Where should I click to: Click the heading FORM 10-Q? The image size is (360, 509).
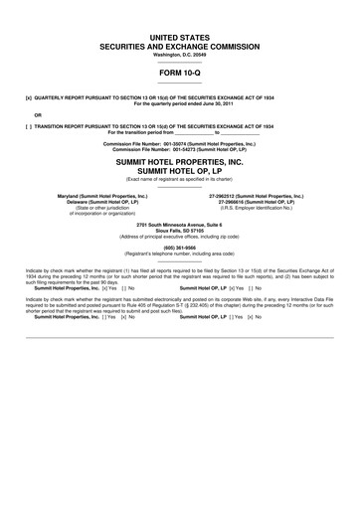click(179, 73)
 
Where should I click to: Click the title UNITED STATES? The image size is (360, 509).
click(179, 36)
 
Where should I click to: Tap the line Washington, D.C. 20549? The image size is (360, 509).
click(179, 55)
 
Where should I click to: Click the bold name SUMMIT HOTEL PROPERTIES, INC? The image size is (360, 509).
click(179, 162)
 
